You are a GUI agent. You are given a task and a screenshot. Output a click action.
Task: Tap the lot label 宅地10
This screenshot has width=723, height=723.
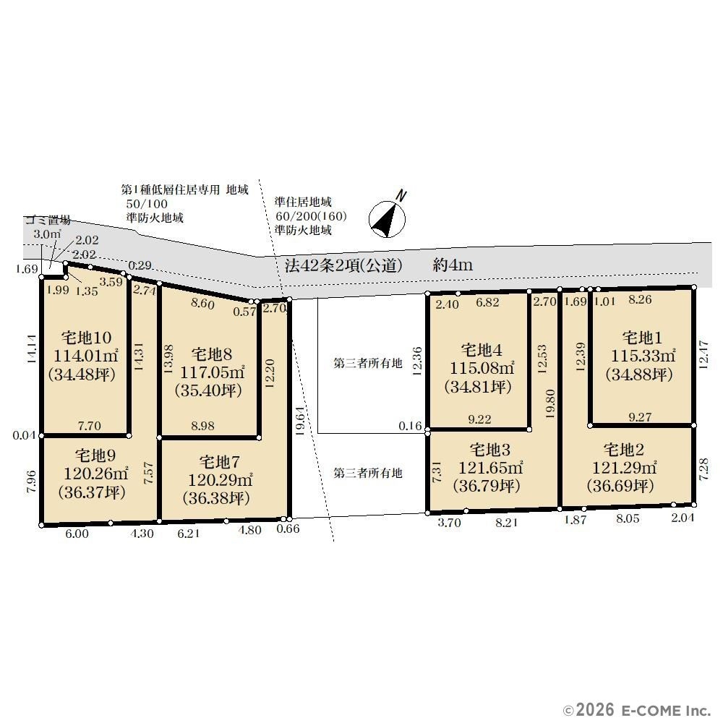[x=86, y=338]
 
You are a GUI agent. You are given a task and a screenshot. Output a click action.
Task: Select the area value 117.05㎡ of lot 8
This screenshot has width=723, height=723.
[x=212, y=372]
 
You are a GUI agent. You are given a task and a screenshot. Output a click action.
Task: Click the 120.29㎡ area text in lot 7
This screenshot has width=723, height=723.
[x=220, y=480]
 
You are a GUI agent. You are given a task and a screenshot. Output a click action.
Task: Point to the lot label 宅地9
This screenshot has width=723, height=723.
[x=95, y=455]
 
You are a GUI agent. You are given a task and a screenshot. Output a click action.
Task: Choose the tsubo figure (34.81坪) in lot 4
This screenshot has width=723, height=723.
[x=478, y=386]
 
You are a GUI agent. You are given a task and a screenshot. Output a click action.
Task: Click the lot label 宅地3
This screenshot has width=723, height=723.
[x=489, y=450]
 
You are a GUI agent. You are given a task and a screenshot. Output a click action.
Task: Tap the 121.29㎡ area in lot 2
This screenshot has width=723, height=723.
[x=625, y=468]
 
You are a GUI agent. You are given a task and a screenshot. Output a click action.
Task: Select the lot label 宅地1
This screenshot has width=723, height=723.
[x=642, y=338]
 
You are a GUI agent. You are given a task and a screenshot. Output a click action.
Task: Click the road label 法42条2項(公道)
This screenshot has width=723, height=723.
[x=343, y=265]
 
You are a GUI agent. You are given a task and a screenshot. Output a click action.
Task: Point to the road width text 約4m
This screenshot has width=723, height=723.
[x=453, y=265]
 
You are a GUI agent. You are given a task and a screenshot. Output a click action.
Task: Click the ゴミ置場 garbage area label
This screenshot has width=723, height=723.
[x=48, y=220]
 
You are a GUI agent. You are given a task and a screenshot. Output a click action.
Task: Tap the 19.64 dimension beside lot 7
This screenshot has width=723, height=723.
[x=300, y=421]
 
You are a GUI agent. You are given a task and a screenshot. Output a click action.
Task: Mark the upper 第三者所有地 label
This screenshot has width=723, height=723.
[x=367, y=364]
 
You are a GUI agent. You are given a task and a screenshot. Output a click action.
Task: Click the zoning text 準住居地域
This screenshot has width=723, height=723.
[x=303, y=202]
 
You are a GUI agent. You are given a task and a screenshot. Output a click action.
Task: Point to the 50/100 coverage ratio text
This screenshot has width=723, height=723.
[x=147, y=204]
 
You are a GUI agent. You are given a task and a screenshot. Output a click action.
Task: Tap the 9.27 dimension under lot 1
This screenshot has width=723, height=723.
[x=640, y=417]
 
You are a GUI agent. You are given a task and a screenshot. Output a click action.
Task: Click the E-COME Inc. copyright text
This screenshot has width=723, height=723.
[x=637, y=709]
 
